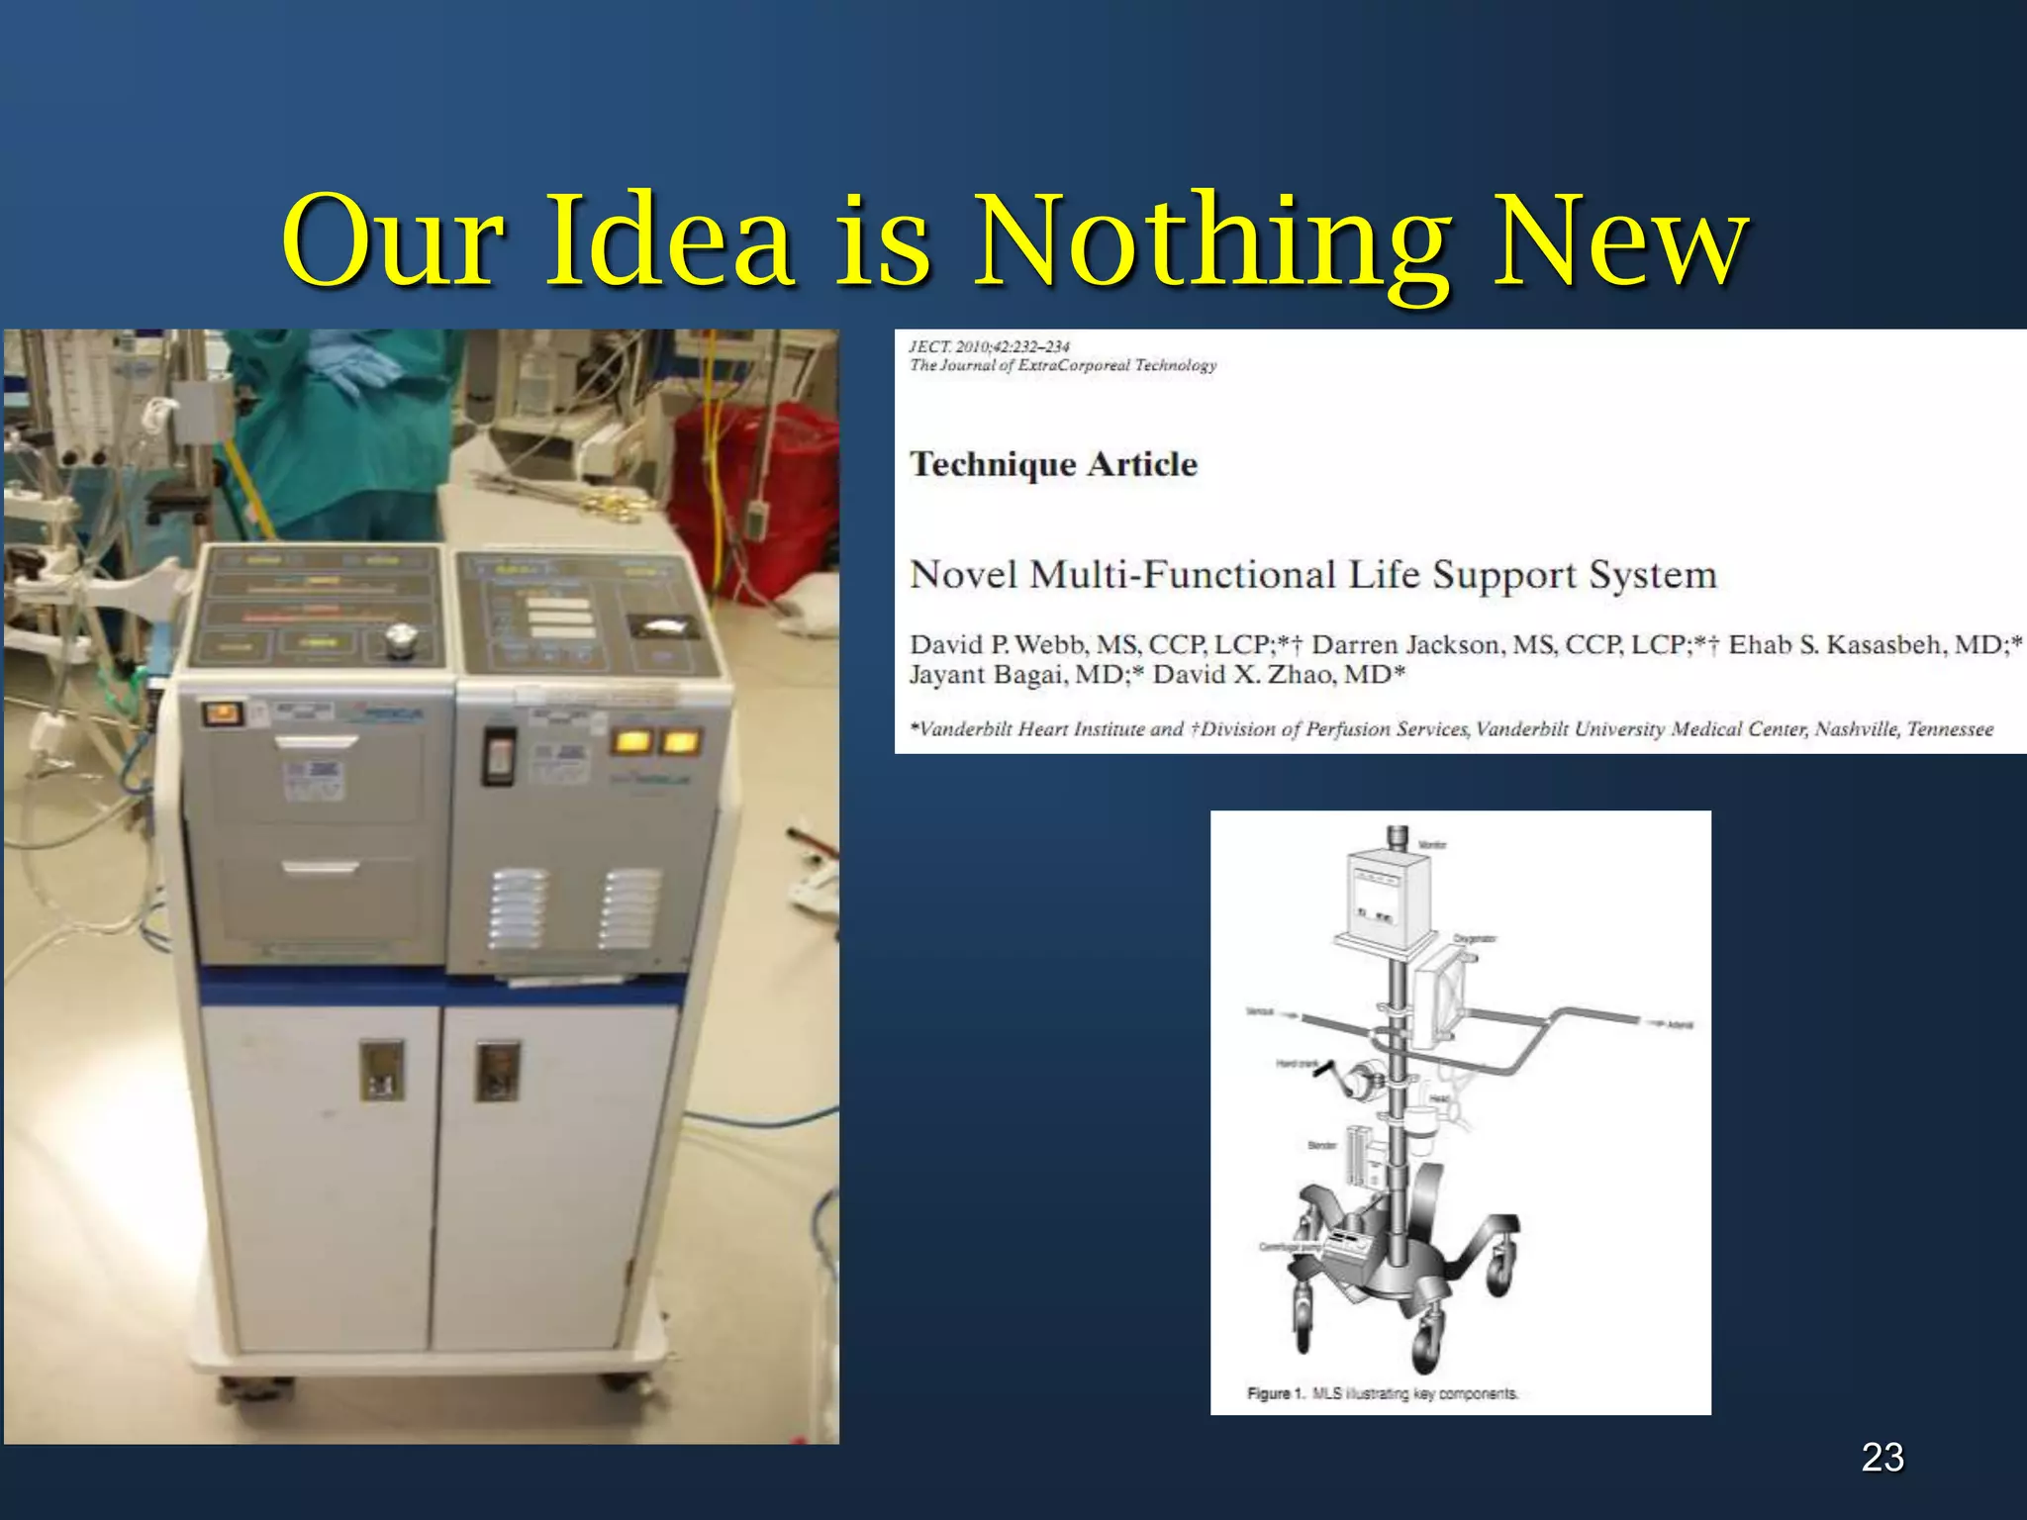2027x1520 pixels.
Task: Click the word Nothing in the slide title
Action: [x=1212, y=242]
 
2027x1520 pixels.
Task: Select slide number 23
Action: [x=1882, y=1457]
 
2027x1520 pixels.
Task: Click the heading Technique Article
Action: [x=1053, y=464]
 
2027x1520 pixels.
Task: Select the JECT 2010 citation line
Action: [x=989, y=346]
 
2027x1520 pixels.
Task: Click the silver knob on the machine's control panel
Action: [x=400, y=640]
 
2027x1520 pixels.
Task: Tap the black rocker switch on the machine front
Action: [x=499, y=756]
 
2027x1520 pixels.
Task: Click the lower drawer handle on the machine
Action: [x=320, y=868]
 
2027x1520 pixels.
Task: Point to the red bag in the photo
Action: [x=752, y=495]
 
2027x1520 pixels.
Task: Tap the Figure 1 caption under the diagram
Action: [x=1382, y=1393]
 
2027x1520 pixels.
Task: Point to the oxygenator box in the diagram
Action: [x=1441, y=995]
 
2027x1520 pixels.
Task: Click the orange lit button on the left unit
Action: [x=223, y=712]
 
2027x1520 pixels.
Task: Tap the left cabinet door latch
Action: [x=382, y=1070]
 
